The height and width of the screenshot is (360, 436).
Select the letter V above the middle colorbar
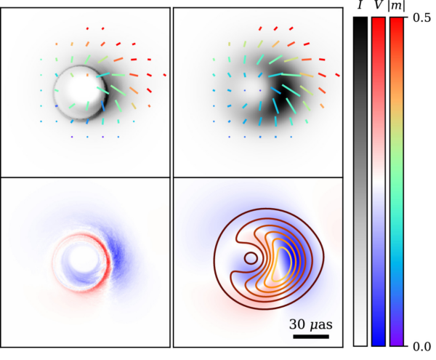point(379,7)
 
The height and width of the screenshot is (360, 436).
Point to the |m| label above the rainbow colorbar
point(397,7)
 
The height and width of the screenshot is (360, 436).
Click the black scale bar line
point(311,337)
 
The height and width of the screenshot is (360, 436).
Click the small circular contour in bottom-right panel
point(250,257)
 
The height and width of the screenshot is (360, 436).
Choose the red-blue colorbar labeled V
point(379,182)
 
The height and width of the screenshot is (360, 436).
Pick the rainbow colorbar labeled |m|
point(397,182)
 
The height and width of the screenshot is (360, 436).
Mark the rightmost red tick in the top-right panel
point(337,73)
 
